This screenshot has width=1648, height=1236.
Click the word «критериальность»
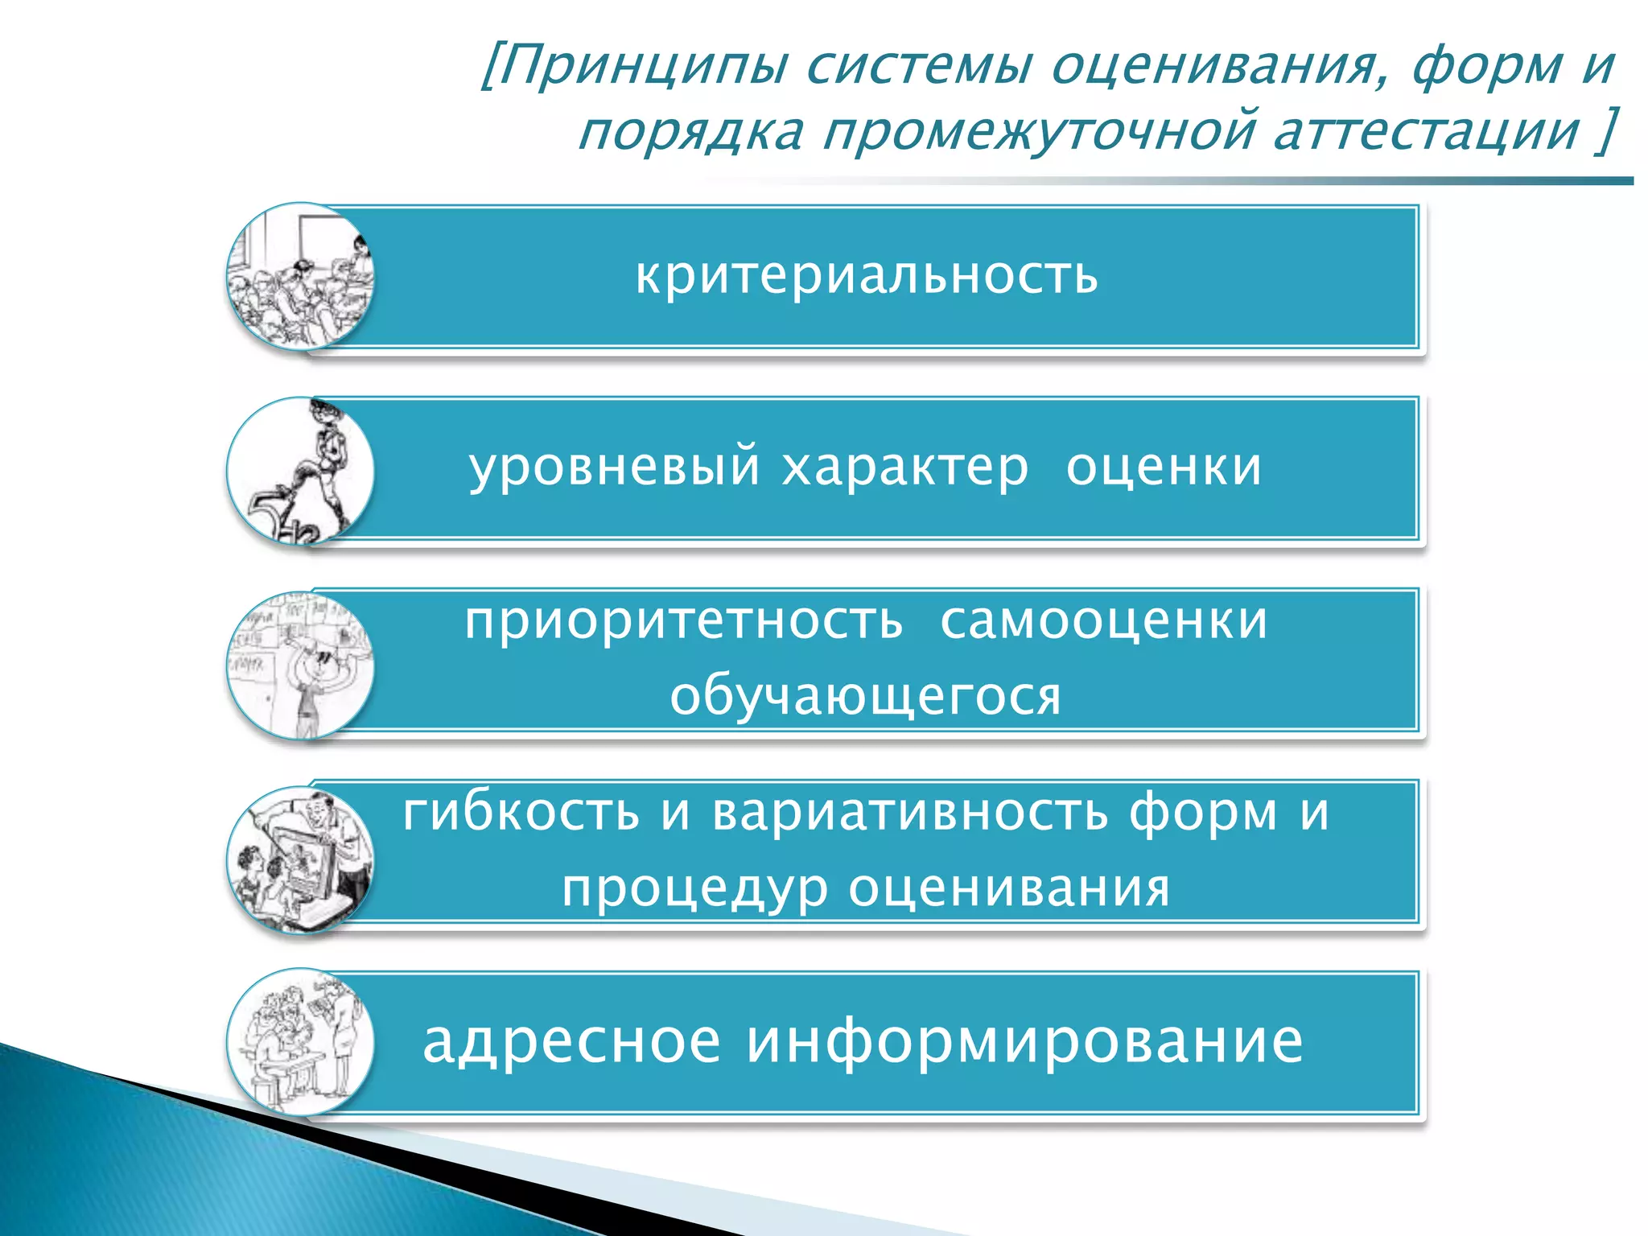pyautogui.click(x=866, y=275)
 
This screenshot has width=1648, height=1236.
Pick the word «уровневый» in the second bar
pyautogui.click(x=614, y=467)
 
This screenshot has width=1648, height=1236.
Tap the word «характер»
pyautogui.click(x=904, y=467)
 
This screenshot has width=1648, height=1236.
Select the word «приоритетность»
pyautogui.click(x=683, y=621)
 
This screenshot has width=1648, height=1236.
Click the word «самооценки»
pyautogui.click(x=1103, y=621)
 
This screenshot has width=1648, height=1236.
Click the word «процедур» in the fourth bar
pyautogui.click(x=694, y=888)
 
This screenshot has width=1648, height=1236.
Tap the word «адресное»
pyautogui.click(x=571, y=1041)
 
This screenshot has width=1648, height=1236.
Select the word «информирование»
pyautogui.click(x=1024, y=1041)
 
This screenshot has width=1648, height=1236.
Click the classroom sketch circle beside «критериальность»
pyautogui.click(x=300, y=276)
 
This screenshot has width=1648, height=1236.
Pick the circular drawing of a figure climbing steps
pyautogui.click(x=300, y=471)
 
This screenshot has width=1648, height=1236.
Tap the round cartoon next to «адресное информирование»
pyautogui.click(x=300, y=1041)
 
